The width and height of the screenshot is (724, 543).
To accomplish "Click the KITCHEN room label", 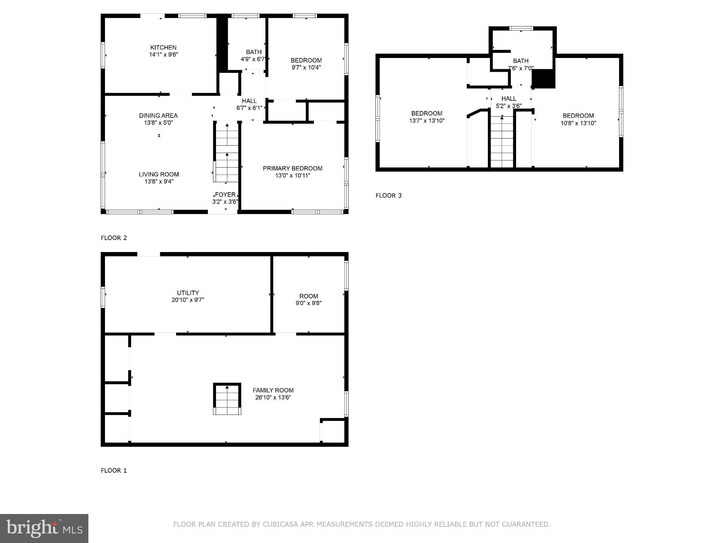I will pos(163,47).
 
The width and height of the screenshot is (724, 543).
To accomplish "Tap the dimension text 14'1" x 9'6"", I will pos(163,55).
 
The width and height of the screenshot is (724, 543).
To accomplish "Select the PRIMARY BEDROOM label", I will pos(292,168).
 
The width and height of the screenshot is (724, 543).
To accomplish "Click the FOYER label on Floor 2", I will pos(225,195).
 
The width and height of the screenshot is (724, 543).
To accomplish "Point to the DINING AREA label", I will pos(158,116).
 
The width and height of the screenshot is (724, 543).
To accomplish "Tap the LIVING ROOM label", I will pos(158,174).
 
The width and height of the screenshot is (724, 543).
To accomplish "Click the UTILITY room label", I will pos(188,293).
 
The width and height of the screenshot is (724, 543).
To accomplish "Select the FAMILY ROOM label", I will pos(273,390).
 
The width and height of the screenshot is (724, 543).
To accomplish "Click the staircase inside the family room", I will pos(227,399).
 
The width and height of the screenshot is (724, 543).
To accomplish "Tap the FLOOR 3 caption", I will pos(388,195).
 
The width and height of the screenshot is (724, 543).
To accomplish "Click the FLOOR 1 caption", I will pos(113,471).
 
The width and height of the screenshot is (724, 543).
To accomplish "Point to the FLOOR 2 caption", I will pos(113,238).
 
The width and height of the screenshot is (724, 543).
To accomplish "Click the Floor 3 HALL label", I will pos(508,99).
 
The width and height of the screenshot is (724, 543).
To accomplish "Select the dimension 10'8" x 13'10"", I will pos(578,123).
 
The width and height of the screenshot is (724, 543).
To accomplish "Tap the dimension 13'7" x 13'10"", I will pos(426,121).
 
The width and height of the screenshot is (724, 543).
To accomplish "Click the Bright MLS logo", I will pos(44,528).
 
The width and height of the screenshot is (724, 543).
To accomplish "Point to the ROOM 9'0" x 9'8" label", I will pos(308,296).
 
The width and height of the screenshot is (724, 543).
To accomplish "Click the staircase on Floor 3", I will pos(502,141).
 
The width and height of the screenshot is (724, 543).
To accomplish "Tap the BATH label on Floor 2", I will pos(253,52).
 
